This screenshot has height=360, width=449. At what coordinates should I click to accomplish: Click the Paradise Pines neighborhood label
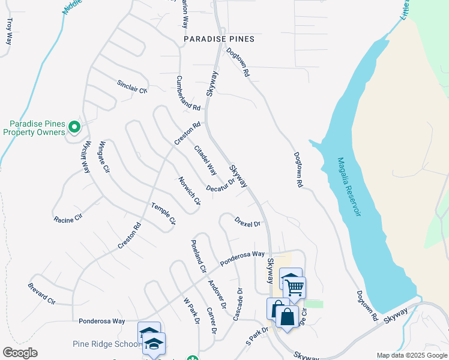point(219,39)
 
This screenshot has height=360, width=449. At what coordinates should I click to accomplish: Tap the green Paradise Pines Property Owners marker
point(74,127)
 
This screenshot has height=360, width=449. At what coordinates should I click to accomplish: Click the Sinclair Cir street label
point(131,86)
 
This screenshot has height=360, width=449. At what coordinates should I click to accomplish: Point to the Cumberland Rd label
point(188,92)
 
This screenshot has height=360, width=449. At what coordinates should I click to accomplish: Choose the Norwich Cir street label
point(188,190)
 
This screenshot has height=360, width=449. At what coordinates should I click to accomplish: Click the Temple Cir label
point(163,214)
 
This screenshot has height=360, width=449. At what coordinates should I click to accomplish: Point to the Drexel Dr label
point(247,222)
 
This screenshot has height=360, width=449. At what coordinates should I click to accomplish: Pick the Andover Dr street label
point(217,294)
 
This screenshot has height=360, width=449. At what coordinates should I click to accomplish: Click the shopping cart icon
point(295,287)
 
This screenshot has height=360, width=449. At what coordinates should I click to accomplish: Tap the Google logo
point(20,353)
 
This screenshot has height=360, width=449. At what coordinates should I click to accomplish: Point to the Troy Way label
point(9,31)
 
